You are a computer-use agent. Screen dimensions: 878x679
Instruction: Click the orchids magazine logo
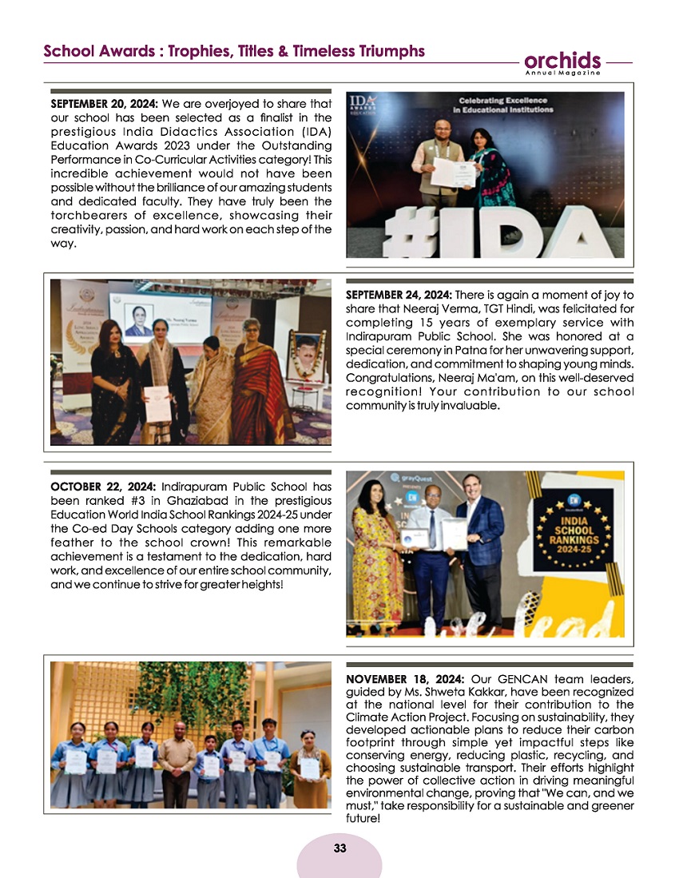click(563, 62)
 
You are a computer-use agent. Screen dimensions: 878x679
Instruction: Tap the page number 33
click(339, 848)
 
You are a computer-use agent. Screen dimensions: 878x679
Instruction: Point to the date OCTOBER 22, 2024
click(102, 486)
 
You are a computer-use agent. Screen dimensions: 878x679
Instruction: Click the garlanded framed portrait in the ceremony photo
click(306, 356)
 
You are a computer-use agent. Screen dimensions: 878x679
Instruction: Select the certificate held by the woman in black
click(157, 403)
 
